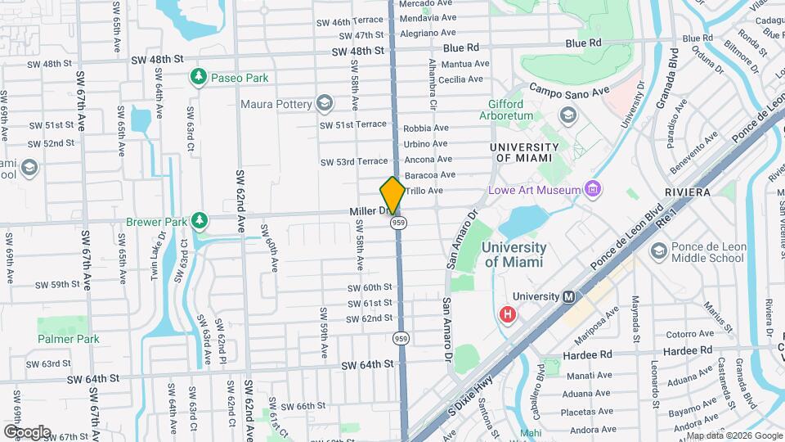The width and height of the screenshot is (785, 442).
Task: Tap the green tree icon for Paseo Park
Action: (198, 78)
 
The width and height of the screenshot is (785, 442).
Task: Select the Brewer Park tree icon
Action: (198, 220)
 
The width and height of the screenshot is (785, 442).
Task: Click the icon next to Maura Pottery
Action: (325, 104)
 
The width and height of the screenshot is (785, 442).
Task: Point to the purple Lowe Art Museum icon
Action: (594, 191)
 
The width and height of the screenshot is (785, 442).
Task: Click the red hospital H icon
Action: (508, 314)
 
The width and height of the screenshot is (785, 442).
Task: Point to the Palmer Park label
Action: (68, 339)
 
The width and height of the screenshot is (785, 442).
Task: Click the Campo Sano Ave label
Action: (570, 91)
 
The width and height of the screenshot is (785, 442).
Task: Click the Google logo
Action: (27, 431)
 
